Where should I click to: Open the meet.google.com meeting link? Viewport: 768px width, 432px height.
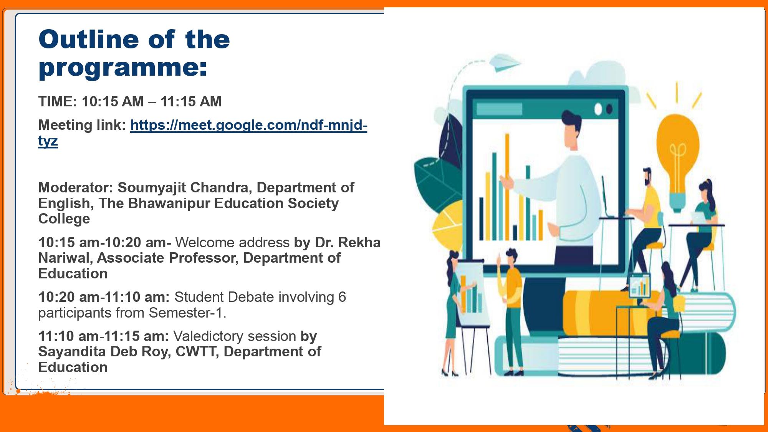point(203,132)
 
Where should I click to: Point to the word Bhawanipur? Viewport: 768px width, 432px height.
point(169,203)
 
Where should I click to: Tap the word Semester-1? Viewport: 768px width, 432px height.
point(187,313)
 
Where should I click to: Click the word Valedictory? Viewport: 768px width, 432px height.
point(235,336)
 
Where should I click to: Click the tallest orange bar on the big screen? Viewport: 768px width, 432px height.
point(507,186)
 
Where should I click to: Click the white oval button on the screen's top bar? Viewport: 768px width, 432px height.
point(598,109)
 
